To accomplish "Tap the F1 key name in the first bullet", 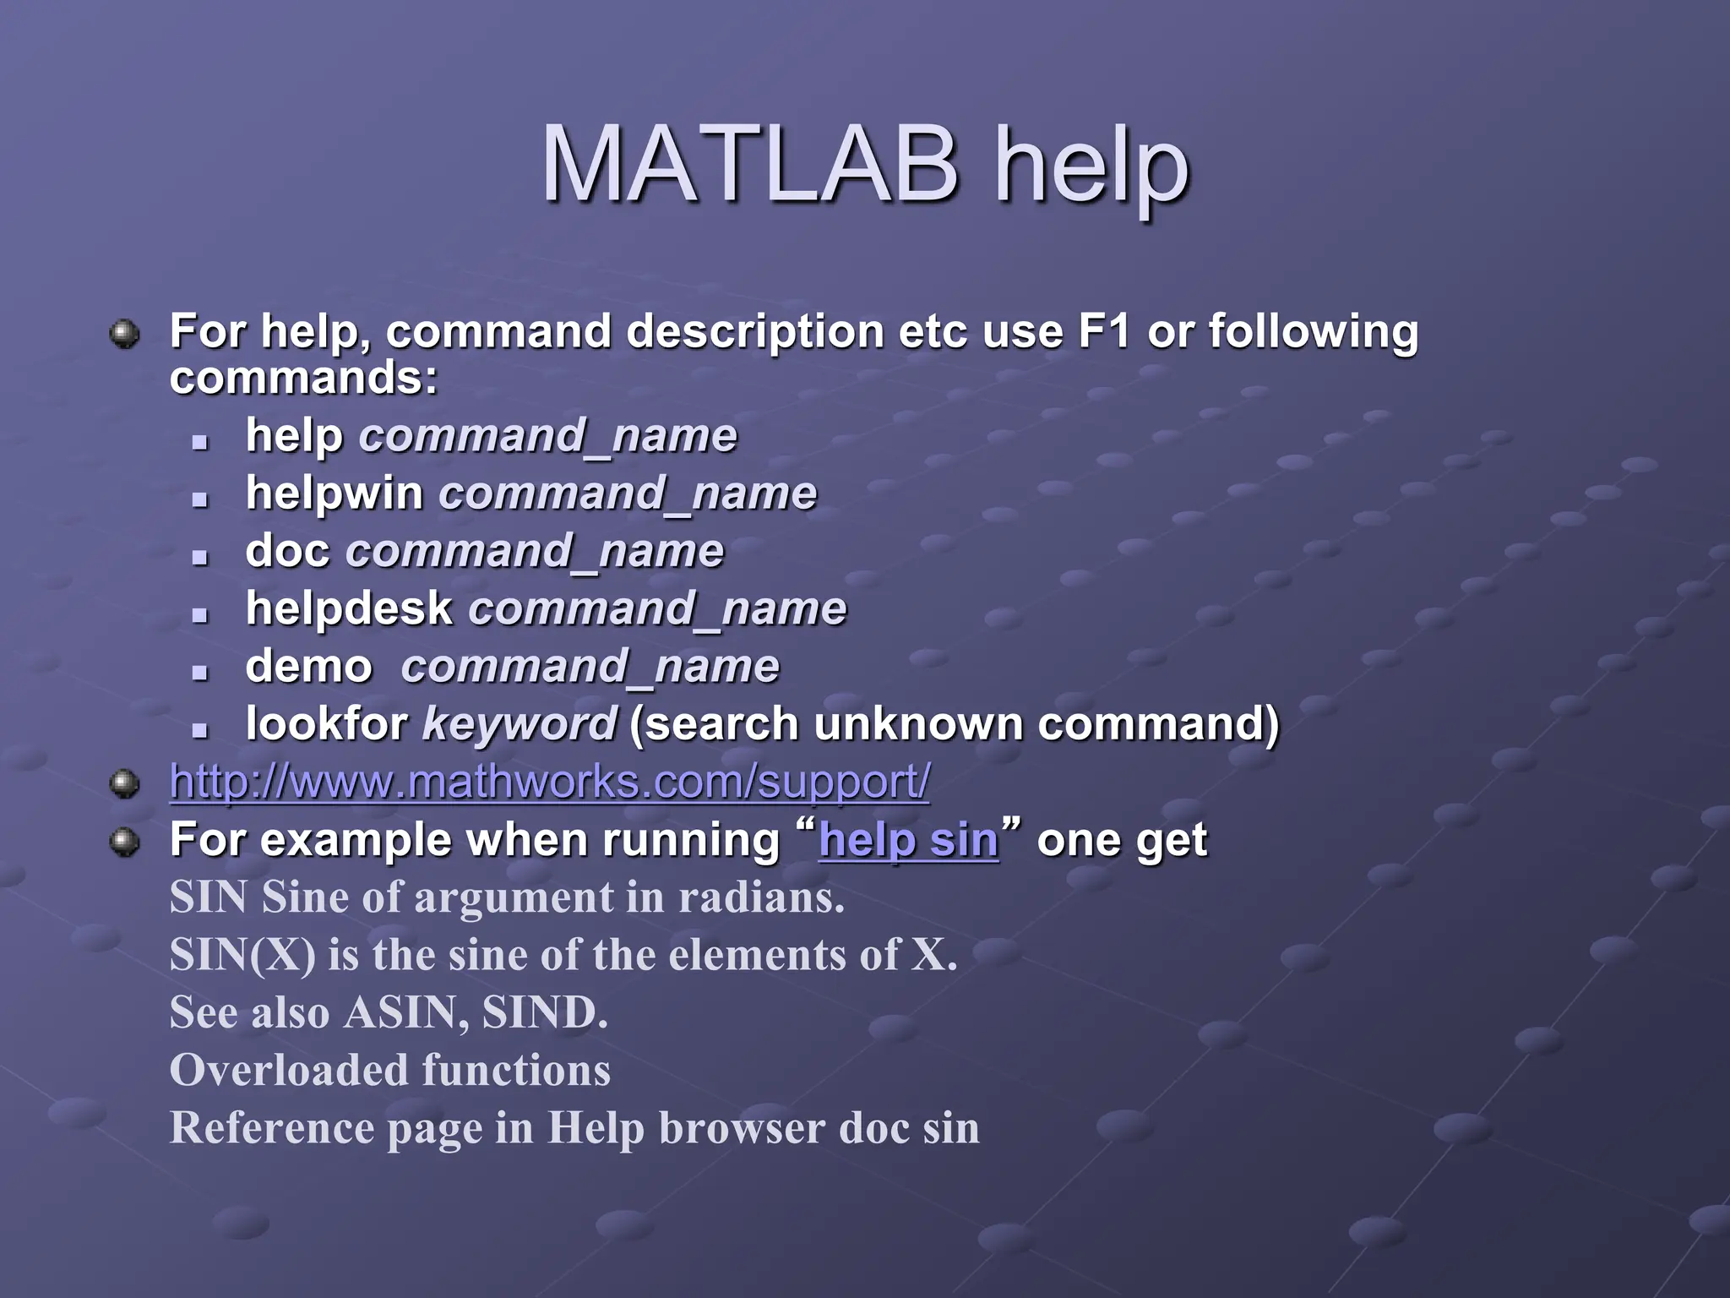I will (1103, 331).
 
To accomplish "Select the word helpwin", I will (335, 493).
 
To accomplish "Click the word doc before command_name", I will (287, 551).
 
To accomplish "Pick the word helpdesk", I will (349, 608).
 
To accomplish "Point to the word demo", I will (308, 666).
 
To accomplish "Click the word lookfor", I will (327, 724).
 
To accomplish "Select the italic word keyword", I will (520, 724).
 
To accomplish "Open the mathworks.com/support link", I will (549, 782).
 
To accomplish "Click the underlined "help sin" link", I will (909, 840).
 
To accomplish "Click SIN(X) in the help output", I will (242, 955).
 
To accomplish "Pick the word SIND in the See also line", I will (543, 1012).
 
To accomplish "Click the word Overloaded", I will (288, 1070).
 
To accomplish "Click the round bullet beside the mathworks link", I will (125, 783).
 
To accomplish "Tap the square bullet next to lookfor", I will (199, 728).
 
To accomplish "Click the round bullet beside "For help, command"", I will (125, 333).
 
